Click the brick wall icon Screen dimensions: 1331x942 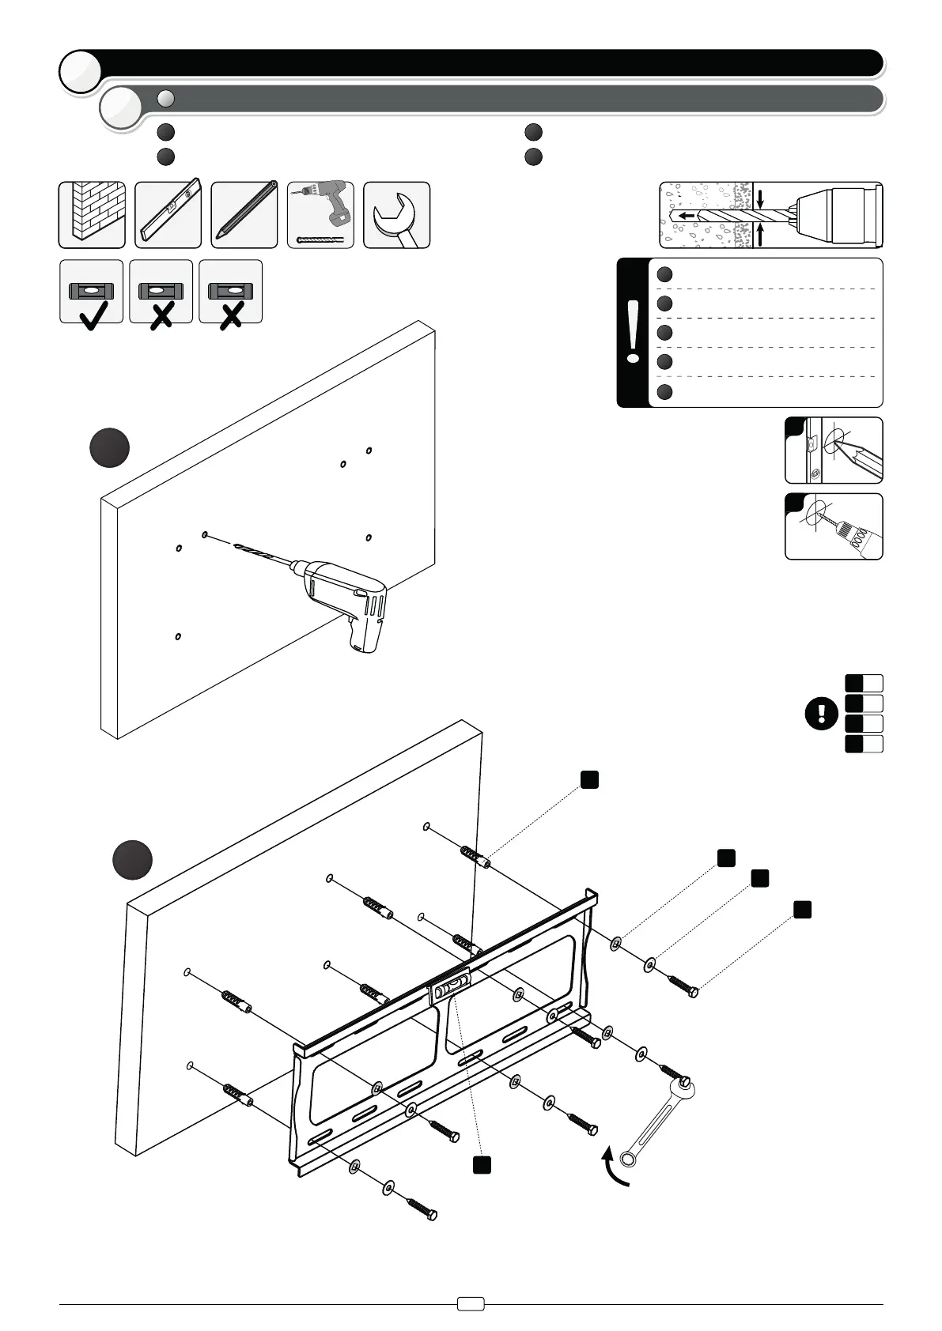92,215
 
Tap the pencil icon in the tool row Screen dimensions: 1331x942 244,215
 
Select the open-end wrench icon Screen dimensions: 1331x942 396,215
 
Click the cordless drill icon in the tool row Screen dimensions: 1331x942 320,215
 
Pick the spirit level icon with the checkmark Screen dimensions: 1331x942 92,292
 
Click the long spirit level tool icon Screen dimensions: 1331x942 168,215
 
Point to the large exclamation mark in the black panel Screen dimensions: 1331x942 633,333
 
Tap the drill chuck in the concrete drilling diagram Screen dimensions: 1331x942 836,214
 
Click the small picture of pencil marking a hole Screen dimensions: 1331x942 834,451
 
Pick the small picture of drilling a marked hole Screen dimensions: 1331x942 834,526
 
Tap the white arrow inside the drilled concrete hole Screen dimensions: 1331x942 687,215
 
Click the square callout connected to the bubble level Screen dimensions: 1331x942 482,1163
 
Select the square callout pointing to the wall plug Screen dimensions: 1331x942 588,780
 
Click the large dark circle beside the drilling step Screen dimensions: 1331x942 109,448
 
